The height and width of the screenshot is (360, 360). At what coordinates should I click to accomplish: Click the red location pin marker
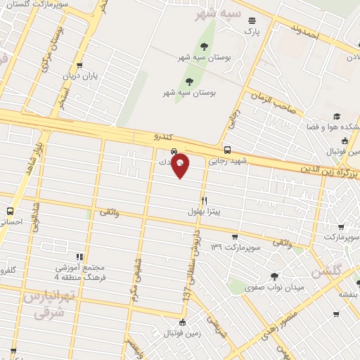pyautogui.click(x=181, y=165)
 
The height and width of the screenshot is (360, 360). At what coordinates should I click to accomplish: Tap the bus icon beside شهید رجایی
pyautogui.click(x=226, y=150)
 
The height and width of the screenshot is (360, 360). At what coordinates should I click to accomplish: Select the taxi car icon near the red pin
pyautogui.click(x=174, y=151)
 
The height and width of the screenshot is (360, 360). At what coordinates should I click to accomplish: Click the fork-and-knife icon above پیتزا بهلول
pyautogui.click(x=205, y=200)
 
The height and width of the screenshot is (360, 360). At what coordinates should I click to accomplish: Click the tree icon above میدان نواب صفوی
pyautogui.click(x=274, y=276)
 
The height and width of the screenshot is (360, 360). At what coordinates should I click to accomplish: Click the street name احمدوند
pyautogui.click(x=305, y=32)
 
